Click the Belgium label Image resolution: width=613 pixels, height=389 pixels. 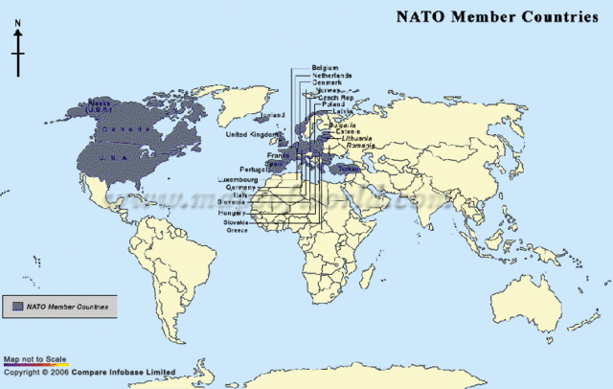coord(325,68)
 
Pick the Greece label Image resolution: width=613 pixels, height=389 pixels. coord(238,230)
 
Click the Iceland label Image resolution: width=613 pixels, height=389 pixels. coord(274,115)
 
